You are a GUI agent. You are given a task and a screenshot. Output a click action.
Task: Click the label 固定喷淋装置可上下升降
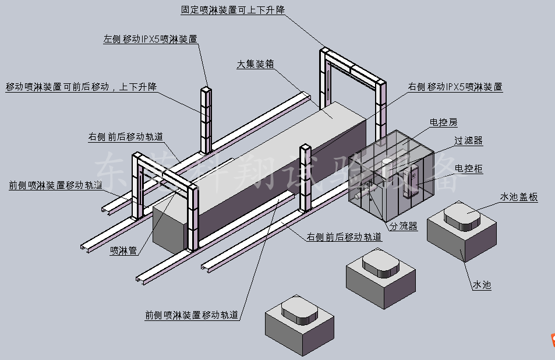(232, 10)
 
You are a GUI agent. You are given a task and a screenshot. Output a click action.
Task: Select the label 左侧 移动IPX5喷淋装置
(150, 40)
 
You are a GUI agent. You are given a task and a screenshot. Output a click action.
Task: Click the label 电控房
(443, 122)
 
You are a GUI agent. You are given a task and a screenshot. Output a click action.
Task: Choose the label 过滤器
(468, 141)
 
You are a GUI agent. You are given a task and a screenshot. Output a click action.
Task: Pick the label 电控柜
(469, 168)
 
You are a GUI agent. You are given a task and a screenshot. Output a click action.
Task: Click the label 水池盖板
(518, 197)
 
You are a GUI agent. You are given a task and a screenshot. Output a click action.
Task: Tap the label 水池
(481, 285)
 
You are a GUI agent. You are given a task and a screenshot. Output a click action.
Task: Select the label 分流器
(404, 227)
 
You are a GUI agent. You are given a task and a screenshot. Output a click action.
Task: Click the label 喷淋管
(123, 251)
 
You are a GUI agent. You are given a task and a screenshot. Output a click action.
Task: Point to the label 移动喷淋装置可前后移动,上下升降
(82, 87)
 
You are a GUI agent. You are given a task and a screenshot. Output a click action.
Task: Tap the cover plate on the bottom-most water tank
(299, 309)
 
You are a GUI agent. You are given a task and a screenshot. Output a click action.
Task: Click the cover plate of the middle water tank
(381, 263)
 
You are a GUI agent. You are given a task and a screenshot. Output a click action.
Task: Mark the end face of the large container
(169, 228)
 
